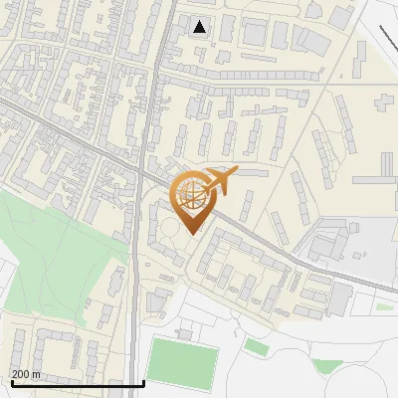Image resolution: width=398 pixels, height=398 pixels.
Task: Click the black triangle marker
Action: (200, 27)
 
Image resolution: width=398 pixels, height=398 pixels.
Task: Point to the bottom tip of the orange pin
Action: (189, 235)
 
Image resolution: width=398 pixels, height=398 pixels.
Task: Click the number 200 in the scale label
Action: (22, 374)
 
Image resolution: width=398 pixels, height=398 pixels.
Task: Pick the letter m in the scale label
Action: (38, 374)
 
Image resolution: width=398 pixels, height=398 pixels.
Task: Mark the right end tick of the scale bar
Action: (144, 382)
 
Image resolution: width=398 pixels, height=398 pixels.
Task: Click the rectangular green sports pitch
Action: (182, 362)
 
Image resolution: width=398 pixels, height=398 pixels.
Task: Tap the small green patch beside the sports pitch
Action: (257, 347)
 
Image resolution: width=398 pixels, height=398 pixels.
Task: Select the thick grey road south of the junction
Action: (134, 298)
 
